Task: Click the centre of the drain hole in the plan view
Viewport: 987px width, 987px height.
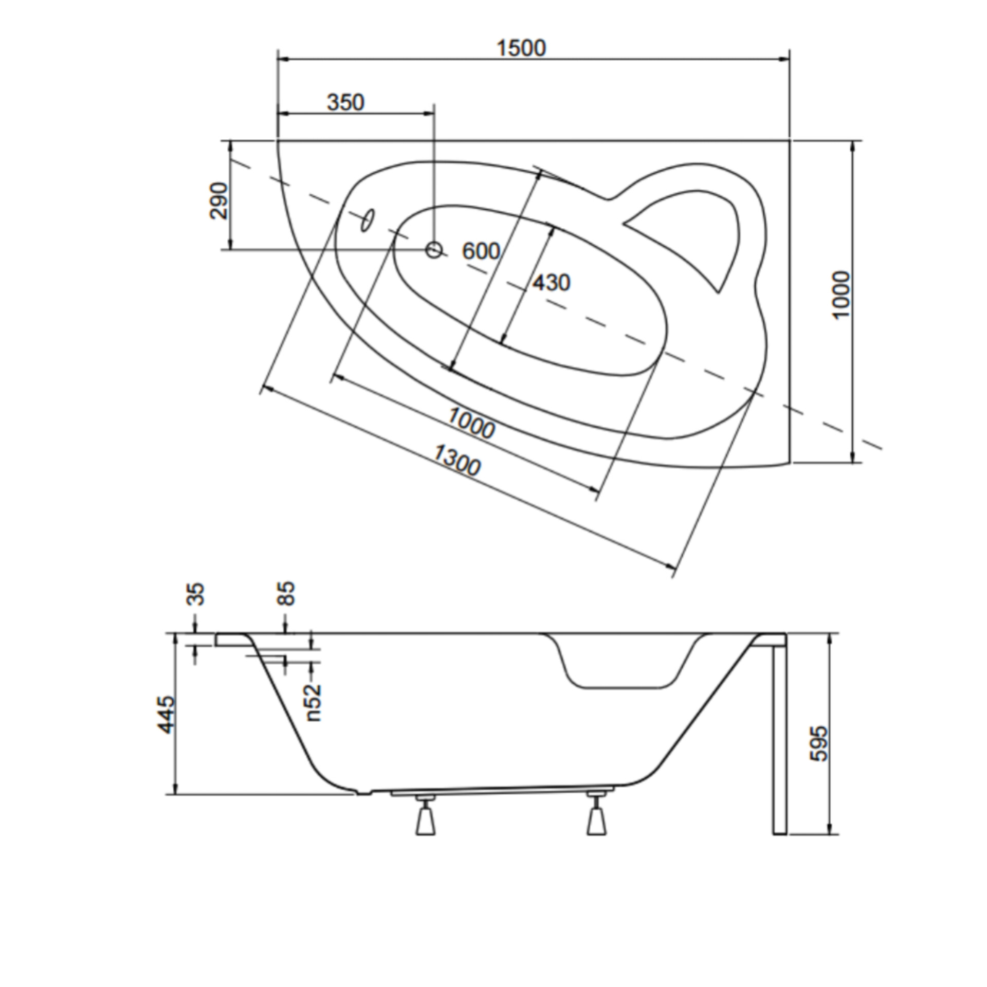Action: (434, 250)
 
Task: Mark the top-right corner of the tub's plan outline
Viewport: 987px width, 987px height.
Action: (790, 140)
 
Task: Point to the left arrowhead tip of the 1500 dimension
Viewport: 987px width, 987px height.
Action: (278, 60)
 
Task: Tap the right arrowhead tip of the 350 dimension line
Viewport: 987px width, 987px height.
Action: (434, 114)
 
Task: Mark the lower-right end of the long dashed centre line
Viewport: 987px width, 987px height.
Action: (882, 449)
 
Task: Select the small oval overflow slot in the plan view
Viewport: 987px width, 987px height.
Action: (368, 220)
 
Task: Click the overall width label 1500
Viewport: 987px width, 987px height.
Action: (521, 48)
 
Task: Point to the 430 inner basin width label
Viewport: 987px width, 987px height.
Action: (551, 283)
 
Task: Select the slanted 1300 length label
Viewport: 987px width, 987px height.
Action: (456, 461)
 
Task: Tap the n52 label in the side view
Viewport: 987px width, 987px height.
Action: (313, 702)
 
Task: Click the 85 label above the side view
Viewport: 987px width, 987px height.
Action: (286, 593)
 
